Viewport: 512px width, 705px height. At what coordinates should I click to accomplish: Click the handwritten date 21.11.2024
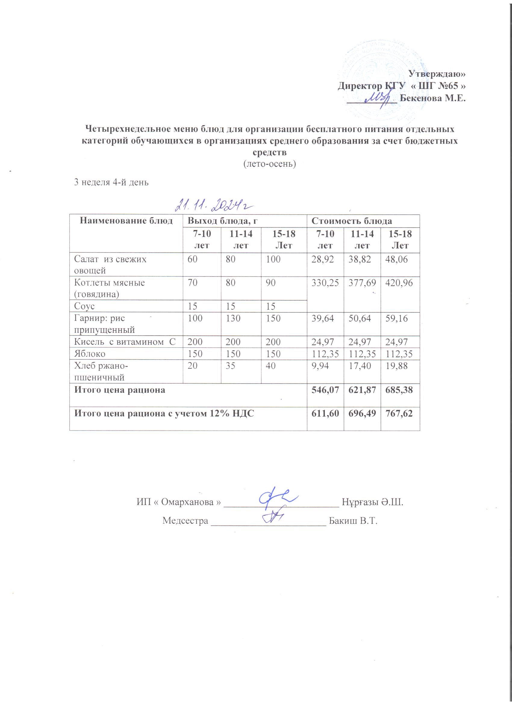tap(214, 205)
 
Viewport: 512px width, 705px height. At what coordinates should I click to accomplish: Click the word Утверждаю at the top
tap(436, 74)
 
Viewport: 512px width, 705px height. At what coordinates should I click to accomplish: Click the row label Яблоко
tap(90, 354)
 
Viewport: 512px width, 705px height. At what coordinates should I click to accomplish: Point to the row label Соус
tap(84, 306)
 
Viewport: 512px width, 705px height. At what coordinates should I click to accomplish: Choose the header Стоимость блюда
tap(352, 221)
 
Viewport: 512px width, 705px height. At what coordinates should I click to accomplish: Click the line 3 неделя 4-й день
tap(111, 182)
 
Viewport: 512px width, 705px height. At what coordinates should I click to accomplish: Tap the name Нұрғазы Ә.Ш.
tap(373, 502)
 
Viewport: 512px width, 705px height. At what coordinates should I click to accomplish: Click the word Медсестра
tap(185, 520)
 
